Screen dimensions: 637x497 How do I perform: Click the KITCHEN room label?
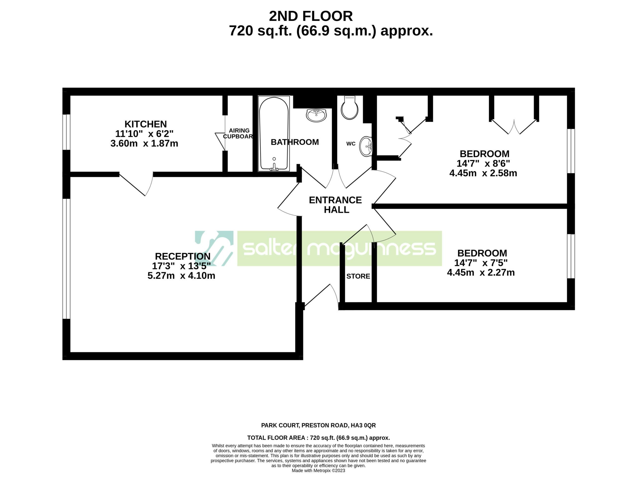click(146, 124)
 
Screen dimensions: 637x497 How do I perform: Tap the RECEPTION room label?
click(183, 256)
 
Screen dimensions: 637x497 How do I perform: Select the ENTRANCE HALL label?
click(335, 205)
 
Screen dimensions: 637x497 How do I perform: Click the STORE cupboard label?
click(358, 276)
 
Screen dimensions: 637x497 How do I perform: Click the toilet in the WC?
click(349, 108)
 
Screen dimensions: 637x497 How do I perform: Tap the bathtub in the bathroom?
click(274, 134)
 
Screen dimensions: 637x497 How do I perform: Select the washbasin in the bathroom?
click(316, 115)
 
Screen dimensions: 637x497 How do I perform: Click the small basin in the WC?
click(366, 146)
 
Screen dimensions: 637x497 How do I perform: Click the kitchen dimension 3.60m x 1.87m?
click(144, 144)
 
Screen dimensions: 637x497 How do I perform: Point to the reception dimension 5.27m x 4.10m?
click(181, 275)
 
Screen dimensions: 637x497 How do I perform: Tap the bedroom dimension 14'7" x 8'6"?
click(483, 163)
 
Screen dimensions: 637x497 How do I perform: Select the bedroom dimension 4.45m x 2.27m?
click(481, 273)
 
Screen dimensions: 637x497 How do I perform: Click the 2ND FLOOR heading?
click(311, 16)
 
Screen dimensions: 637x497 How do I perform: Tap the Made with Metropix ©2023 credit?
click(318, 470)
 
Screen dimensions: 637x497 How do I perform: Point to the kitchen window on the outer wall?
click(66, 132)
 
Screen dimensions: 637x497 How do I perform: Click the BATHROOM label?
click(295, 142)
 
